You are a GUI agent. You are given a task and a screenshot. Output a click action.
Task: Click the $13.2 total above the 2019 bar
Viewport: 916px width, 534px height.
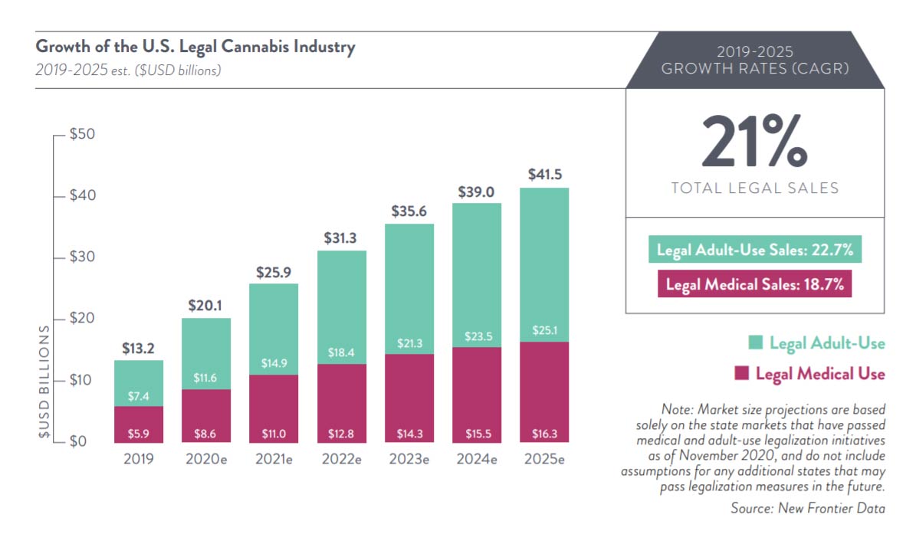point(138,349)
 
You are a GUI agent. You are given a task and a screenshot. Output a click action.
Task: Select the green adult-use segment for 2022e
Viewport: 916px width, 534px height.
point(341,306)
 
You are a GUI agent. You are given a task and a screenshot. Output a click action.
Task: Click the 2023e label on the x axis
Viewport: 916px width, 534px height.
point(409,460)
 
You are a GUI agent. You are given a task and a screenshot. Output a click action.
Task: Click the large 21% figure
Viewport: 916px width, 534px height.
point(754,142)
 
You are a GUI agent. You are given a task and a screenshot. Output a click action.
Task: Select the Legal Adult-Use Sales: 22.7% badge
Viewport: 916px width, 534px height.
point(754,250)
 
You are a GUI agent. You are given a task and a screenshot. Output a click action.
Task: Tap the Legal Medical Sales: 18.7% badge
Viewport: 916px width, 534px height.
point(754,284)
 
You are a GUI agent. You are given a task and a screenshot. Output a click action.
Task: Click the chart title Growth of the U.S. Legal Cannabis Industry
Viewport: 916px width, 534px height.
point(195,47)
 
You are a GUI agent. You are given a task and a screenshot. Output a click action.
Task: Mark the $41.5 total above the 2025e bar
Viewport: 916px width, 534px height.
point(543,175)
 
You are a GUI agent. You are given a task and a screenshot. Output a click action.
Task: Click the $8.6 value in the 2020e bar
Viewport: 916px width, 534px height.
point(206,434)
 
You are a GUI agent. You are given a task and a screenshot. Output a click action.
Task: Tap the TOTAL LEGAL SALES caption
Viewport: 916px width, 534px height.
point(754,188)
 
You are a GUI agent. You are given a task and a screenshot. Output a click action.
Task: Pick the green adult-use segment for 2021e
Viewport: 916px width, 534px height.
point(274,329)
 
